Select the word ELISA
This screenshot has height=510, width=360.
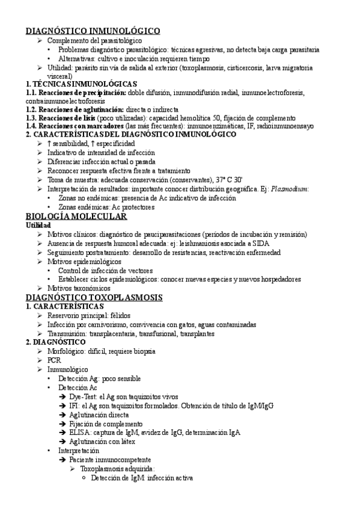81,432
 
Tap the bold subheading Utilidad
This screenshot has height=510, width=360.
38,226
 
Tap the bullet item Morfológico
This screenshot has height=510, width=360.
66,351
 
